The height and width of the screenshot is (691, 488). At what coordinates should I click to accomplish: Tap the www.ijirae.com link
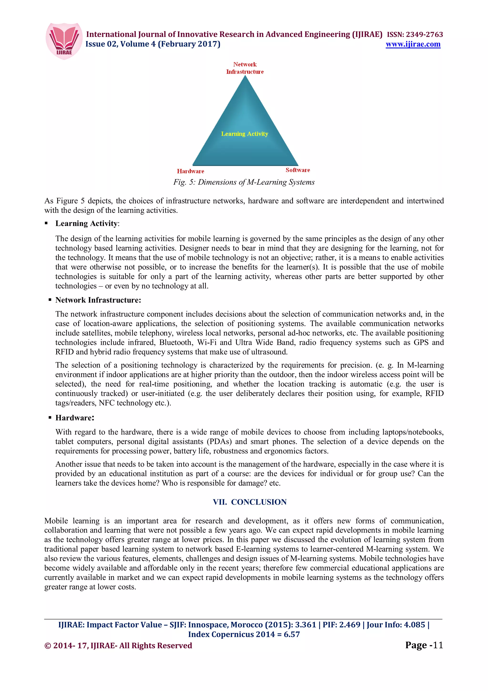coord(413,44)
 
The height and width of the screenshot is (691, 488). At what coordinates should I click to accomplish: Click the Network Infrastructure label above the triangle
coord(245,68)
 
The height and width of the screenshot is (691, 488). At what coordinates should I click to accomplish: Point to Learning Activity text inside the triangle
coord(244,134)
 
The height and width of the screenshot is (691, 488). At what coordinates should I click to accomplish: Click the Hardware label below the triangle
coord(190,171)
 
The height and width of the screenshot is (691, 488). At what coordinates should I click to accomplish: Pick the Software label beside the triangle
coord(298,170)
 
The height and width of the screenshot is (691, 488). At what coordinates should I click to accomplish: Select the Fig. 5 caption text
coord(244,182)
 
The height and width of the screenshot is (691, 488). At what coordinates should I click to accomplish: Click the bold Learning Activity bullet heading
coord(86,223)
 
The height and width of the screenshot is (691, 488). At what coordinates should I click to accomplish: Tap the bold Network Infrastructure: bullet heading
coord(98,300)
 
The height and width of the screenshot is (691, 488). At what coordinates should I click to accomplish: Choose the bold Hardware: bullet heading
coord(75,418)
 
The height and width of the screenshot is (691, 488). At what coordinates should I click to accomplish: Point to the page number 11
coord(438,645)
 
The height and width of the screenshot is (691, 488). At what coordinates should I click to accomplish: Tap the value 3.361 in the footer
coord(305,625)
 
